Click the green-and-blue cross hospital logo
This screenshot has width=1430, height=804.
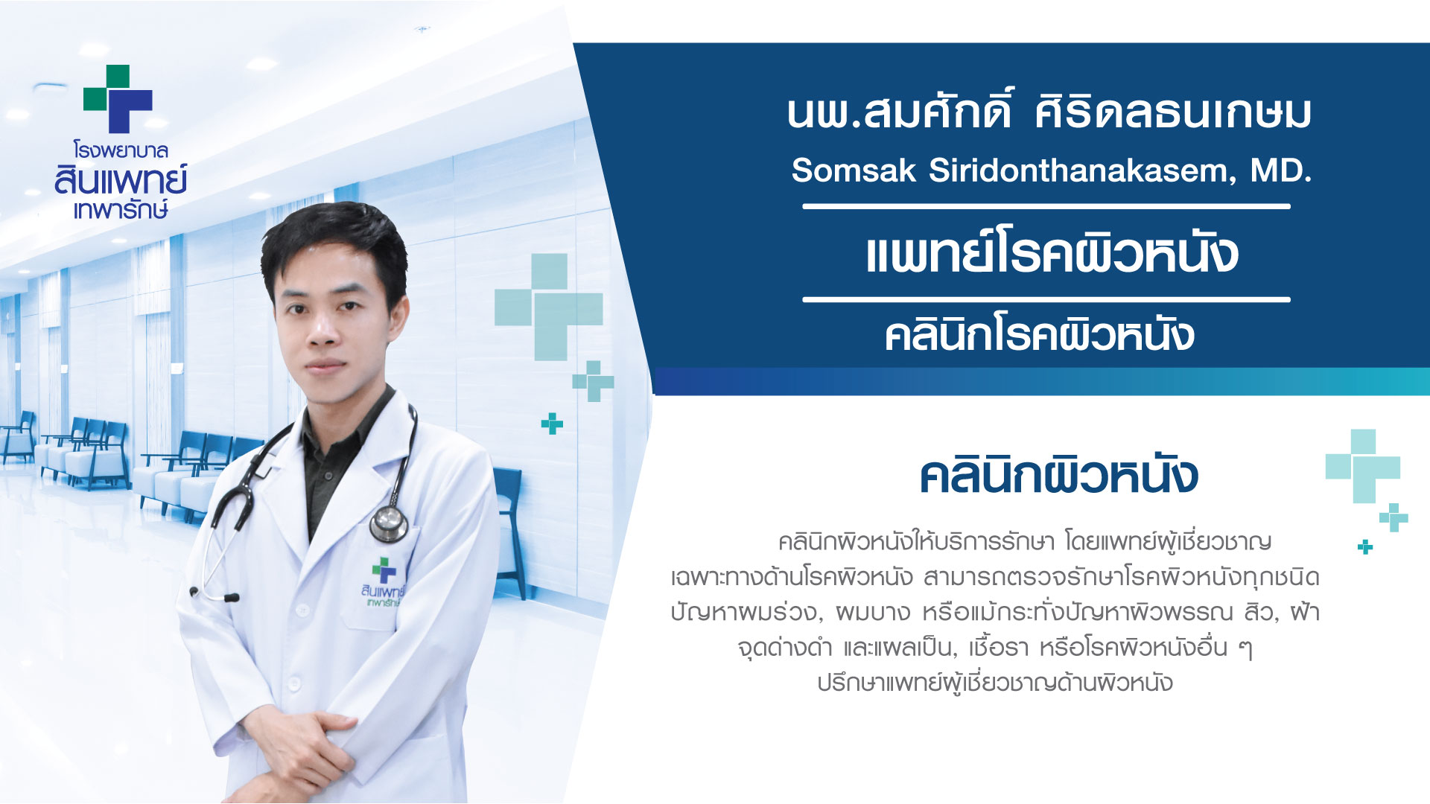[x=118, y=99]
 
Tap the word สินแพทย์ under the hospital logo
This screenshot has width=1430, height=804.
[x=121, y=180]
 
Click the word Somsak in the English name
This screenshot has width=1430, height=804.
[x=854, y=170]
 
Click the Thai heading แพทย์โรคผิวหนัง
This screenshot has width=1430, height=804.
[x=1052, y=252]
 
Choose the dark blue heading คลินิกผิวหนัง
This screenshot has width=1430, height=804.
[x=1058, y=474]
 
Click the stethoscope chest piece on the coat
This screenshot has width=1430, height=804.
[x=389, y=523]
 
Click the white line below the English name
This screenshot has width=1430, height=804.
[x=1046, y=206]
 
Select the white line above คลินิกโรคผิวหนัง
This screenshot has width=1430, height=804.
[x=1046, y=299]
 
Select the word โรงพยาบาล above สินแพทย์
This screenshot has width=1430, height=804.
[x=121, y=150]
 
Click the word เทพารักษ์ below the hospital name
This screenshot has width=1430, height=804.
[x=121, y=210]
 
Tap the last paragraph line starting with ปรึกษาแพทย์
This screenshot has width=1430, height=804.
[x=994, y=683]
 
